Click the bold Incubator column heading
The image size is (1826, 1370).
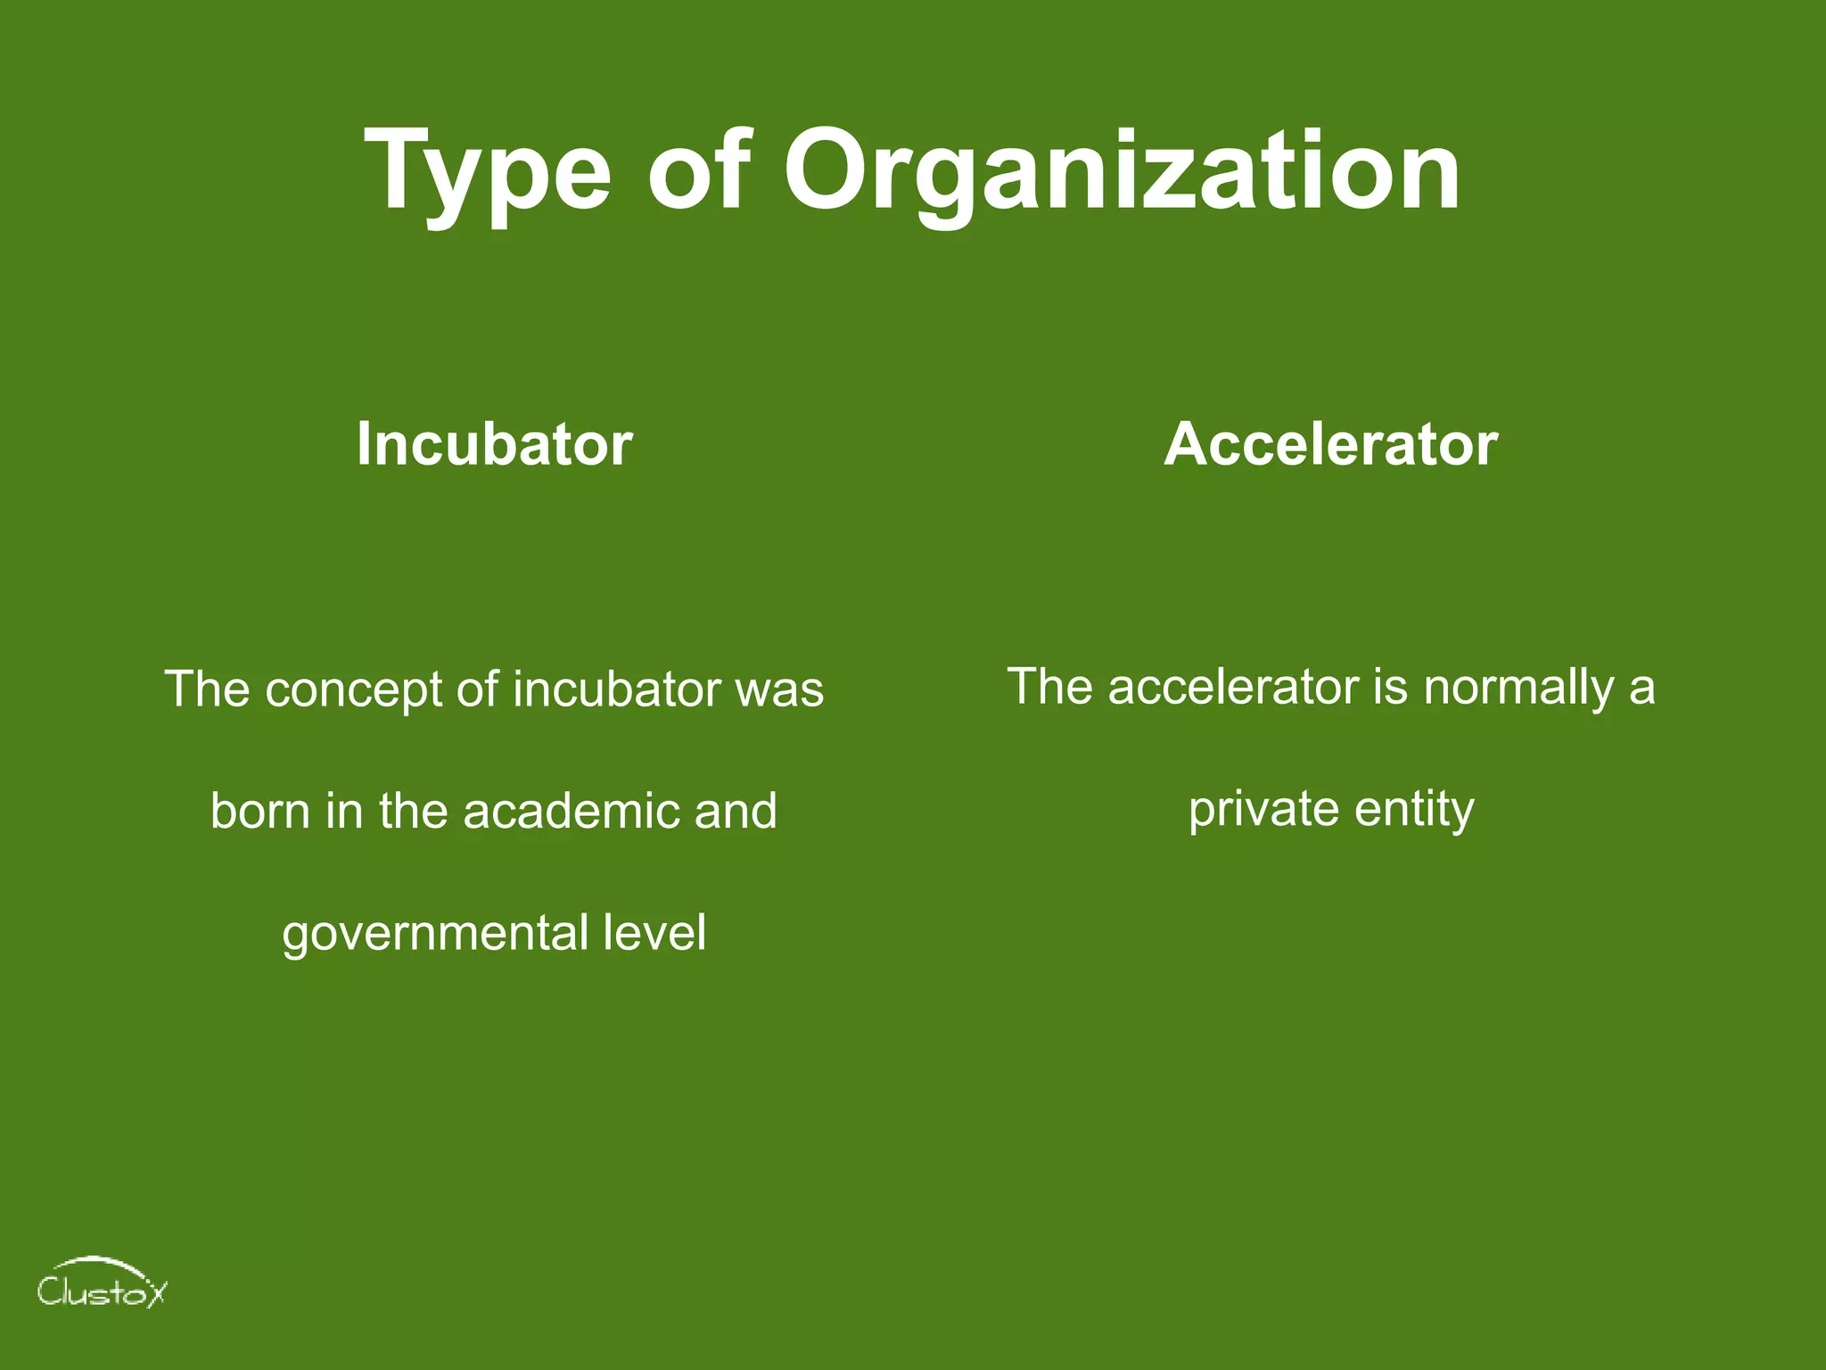coord(494,443)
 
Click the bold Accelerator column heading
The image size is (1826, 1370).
coord(1330,443)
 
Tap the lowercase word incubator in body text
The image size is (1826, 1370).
coord(616,689)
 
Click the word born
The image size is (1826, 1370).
coord(259,811)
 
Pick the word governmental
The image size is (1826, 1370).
coord(434,934)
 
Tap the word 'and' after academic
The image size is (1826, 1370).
coord(736,811)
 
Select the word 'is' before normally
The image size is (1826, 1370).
coord(1390,687)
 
